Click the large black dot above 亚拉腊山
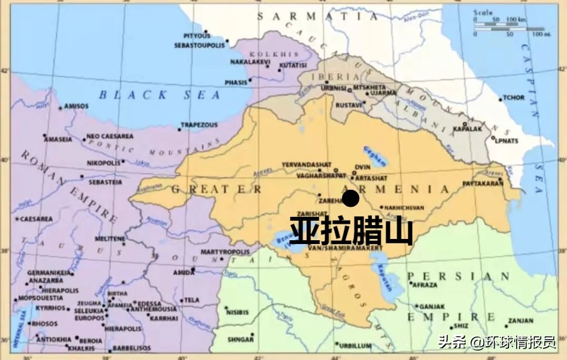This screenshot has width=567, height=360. point(351,199)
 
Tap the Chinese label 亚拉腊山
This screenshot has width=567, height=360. point(351,231)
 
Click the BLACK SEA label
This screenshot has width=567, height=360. point(159,95)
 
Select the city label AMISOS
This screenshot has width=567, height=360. point(76,107)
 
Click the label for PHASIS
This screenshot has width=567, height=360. point(236,82)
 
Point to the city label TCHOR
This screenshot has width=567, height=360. point(513,98)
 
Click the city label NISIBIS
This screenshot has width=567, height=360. point(237,312)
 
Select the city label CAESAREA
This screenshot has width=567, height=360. point(36,219)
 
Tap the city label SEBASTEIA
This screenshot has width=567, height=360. point(105,182)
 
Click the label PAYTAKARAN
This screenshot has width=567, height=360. point(483,183)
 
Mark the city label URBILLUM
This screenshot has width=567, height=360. point(355,346)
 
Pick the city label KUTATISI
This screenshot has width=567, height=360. point(293,65)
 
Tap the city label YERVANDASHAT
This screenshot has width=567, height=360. point(307,165)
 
